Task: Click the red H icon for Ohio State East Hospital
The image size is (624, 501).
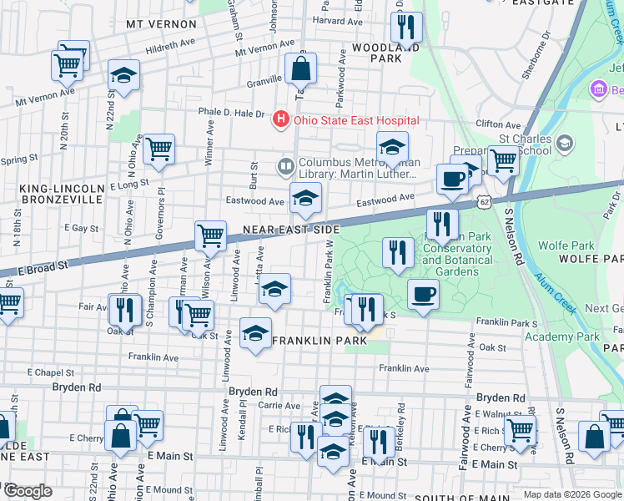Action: pyautogui.click(x=281, y=120)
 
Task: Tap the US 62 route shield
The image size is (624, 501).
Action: pyautogui.click(x=484, y=202)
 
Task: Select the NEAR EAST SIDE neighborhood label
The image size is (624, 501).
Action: pyautogui.click(x=291, y=229)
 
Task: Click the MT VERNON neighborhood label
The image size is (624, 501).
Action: pyautogui.click(x=160, y=24)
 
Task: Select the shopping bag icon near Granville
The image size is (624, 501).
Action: pyautogui.click(x=301, y=68)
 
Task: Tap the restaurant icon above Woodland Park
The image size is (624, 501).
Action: pyautogui.click(x=406, y=28)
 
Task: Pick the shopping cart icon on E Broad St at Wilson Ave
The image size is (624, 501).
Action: pyautogui.click(x=211, y=235)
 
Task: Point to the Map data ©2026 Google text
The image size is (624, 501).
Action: pyautogui.click(x=571, y=494)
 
